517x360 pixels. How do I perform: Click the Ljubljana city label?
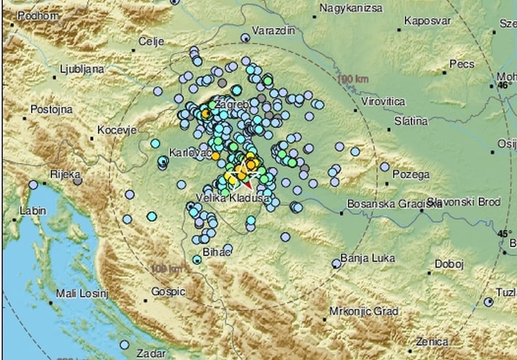[82, 69]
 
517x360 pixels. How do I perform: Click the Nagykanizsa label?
[351, 8]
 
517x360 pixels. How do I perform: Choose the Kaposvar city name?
[428, 21]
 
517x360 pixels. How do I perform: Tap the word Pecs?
[462, 64]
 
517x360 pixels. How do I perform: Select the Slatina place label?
[411, 121]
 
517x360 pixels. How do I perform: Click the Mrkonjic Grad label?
[363, 311]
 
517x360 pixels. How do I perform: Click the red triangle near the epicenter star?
[247, 184]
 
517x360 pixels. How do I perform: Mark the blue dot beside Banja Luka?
[336, 264]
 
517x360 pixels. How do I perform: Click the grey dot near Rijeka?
[78, 181]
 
